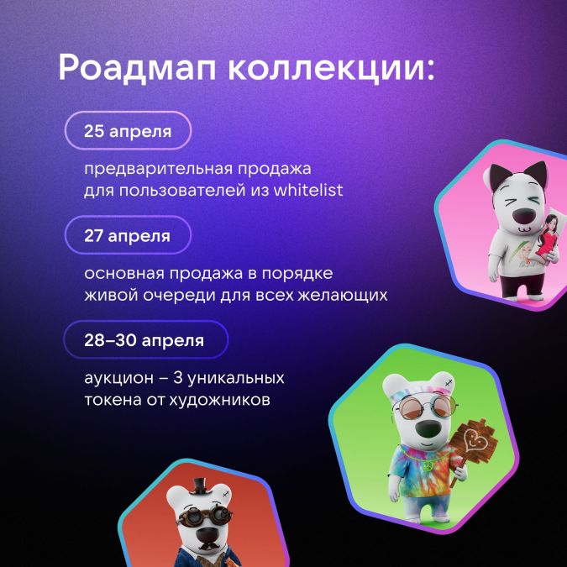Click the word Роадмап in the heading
coord(138,69)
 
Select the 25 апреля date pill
coord(128,130)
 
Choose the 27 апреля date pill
coord(128,235)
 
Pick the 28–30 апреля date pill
coord(146,339)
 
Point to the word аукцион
coord(119,379)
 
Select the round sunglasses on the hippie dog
coord(425,407)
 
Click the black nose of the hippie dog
coord(427,429)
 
